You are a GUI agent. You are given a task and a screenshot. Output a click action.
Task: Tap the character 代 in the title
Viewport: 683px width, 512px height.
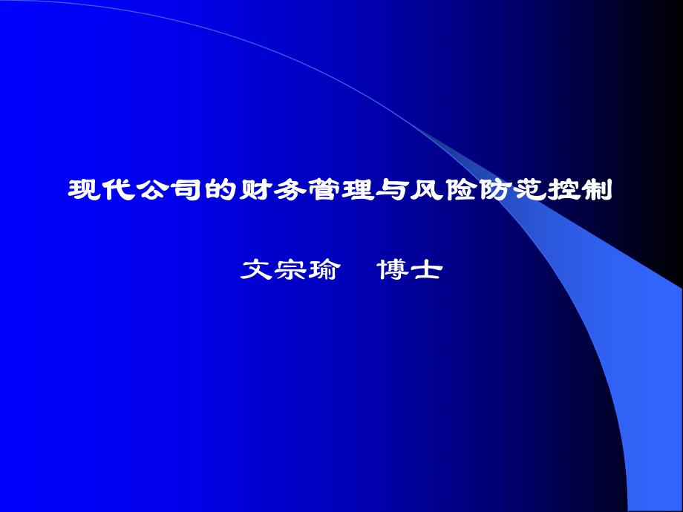[117, 191]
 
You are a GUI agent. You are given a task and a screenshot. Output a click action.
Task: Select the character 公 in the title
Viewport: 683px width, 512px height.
[151, 191]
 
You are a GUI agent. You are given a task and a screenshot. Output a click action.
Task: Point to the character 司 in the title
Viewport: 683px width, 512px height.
[186, 191]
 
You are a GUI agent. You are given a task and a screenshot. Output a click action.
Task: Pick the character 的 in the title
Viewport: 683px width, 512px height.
[220, 191]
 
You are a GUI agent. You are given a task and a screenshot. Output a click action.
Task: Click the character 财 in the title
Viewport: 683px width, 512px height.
[254, 191]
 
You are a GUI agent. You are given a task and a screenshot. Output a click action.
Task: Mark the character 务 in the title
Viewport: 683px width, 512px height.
[288, 191]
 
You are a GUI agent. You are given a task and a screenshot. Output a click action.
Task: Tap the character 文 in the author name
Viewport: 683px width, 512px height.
[256, 270]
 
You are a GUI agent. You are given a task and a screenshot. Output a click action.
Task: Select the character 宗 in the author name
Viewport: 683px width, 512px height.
[290, 270]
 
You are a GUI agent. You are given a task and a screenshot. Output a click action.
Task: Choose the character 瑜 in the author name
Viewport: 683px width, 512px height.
[324, 270]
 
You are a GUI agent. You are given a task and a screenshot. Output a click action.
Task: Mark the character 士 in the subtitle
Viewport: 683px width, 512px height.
[427, 270]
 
